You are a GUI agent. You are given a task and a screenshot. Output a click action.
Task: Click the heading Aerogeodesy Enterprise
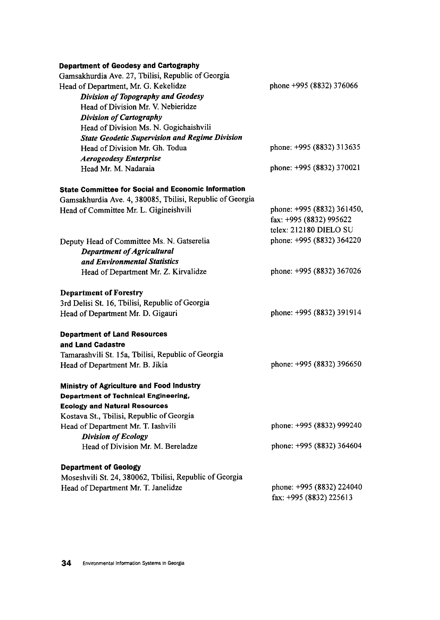(x=121, y=158)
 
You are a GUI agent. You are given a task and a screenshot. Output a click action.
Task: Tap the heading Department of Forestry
(x=102, y=293)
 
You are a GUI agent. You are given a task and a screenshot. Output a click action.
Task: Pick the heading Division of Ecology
(x=115, y=437)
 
